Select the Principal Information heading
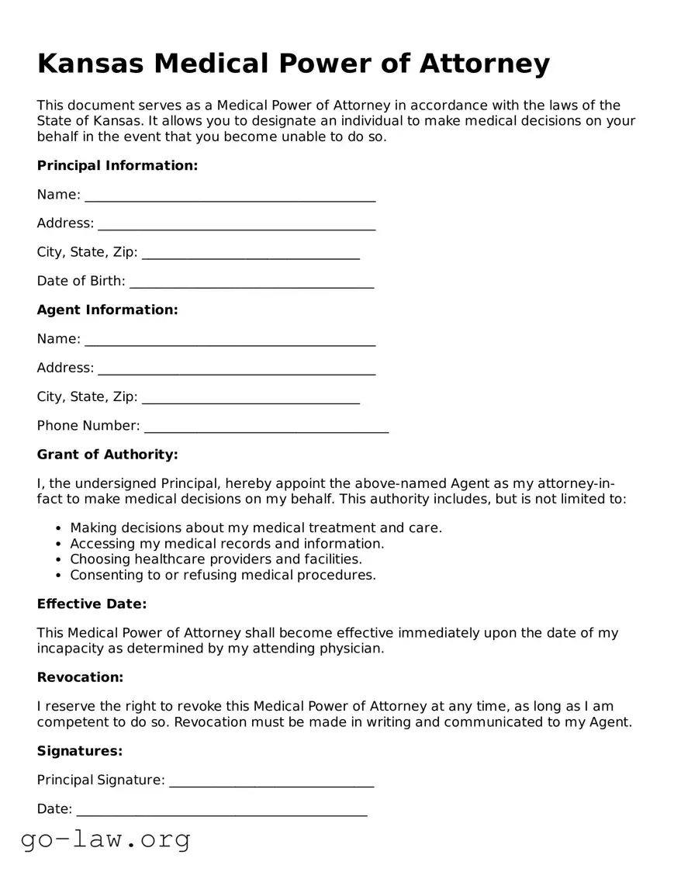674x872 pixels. click(x=117, y=165)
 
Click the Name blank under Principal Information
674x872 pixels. click(x=230, y=196)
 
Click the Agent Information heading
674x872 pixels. click(x=107, y=310)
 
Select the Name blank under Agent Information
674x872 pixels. click(x=230, y=340)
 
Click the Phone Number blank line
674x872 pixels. click(x=266, y=426)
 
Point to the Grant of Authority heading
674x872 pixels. click(x=107, y=454)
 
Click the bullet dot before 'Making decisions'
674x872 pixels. click(x=59, y=528)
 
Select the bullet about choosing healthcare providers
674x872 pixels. click(x=216, y=559)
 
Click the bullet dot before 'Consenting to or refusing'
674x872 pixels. click(x=59, y=576)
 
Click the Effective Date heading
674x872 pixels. click(x=92, y=604)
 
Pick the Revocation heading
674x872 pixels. click(x=80, y=677)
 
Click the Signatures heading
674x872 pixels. click(x=80, y=751)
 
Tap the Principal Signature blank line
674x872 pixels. click(x=271, y=780)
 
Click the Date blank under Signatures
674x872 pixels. click(x=221, y=810)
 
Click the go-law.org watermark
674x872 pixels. click(x=105, y=839)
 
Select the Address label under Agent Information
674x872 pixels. click(x=65, y=368)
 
